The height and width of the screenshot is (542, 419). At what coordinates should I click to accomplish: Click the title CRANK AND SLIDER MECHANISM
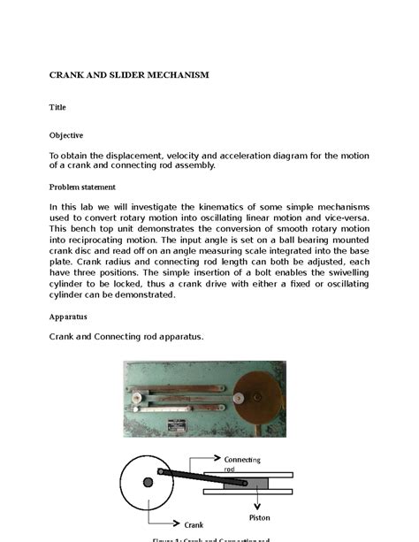coord(128,75)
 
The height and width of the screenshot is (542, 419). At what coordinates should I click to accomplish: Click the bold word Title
coord(57,106)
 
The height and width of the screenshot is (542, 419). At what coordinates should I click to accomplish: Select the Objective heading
coord(65,135)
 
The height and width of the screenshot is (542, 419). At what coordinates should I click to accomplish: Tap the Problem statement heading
coord(81,187)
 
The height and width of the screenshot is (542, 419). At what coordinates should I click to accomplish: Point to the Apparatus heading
coord(67,316)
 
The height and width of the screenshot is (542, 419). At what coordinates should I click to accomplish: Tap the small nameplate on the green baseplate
coord(193,423)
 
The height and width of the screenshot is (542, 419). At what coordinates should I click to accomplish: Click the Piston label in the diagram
coord(258,517)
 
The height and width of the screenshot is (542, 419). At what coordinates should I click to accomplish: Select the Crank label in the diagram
coord(194,524)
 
